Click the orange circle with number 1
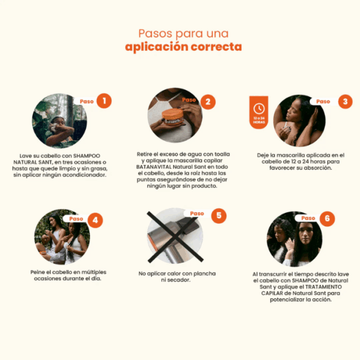click(104, 101)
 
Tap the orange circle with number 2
click(208, 102)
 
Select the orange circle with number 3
click(345, 101)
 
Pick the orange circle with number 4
click(95, 220)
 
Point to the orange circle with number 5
click(219, 215)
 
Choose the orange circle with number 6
click(327, 218)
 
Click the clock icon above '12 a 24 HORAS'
click(259, 109)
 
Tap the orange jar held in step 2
click(172, 117)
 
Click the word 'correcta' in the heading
click(216, 47)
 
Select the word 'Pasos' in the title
click(155, 34)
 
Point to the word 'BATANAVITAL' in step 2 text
click(154, 167)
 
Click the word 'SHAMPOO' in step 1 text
click(86, 156)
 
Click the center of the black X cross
click(175, 237)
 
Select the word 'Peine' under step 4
click(37, 272)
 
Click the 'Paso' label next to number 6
click(308, 218)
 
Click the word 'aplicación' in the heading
click(157, 47)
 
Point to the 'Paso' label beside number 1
click(86, 101)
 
